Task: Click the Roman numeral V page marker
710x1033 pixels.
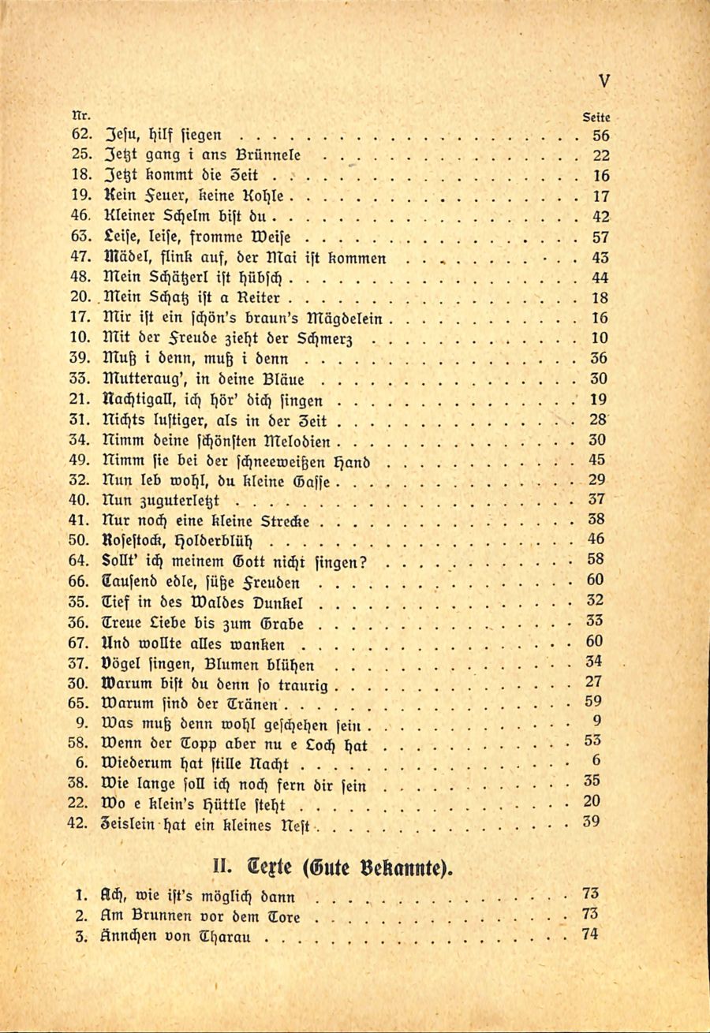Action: click(x=604, y=80)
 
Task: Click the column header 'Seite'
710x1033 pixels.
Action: click(x=596, y=116)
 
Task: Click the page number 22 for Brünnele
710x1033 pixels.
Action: click(x=600, y=155)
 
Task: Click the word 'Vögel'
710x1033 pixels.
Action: click(x=121, y=661)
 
